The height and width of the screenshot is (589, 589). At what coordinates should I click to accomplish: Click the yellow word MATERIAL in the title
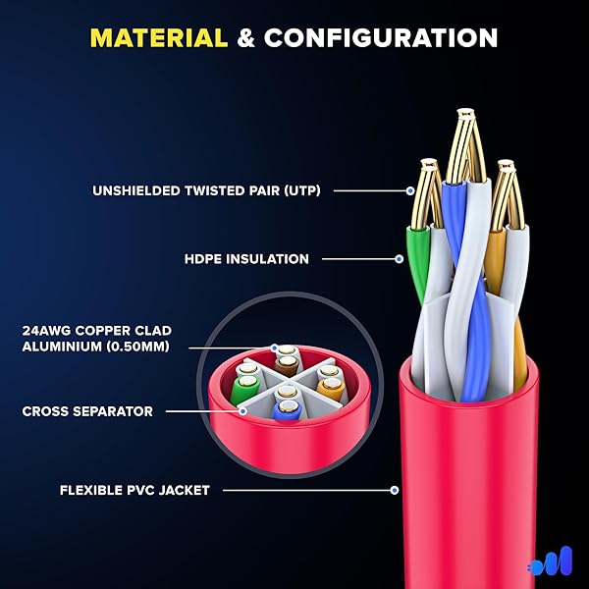click(x=158, y=38)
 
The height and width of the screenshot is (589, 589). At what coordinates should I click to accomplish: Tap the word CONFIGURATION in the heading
click(x=381, y=38)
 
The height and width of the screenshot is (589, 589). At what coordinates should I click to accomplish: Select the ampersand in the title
click(x=245, y=38)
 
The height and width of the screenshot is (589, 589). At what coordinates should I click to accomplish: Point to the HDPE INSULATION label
click(x=246, y=259)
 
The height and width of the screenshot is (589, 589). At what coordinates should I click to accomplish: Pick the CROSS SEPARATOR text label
click(x=87, y=411)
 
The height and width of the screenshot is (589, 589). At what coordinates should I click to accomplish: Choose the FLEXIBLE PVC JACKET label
click(x=134, y=490)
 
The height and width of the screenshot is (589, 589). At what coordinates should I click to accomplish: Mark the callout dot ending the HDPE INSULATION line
click(x=399, y=259)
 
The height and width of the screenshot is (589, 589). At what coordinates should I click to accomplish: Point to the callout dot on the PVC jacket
click(x=394, y=489)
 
